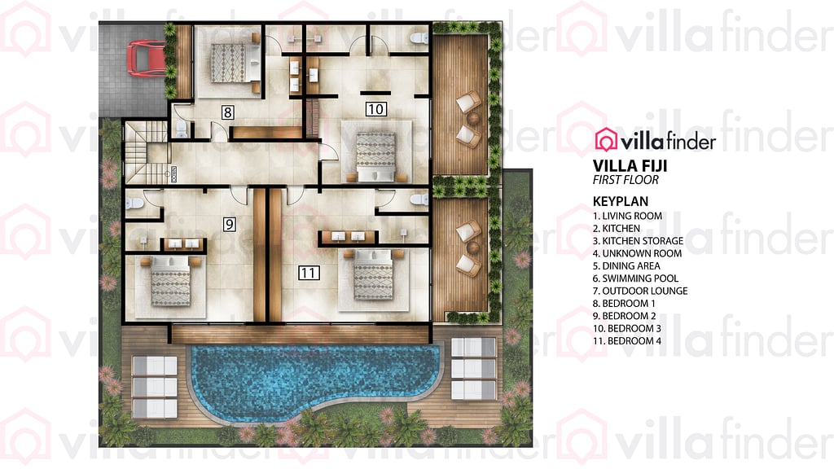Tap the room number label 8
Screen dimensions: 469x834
point(228,112)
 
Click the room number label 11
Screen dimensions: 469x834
point(308,273)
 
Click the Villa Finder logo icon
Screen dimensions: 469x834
point(606,140)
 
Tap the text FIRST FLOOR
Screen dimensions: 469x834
point(625,180)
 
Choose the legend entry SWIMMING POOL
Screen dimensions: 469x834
point(640,278)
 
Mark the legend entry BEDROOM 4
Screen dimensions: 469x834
point(627,340)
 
